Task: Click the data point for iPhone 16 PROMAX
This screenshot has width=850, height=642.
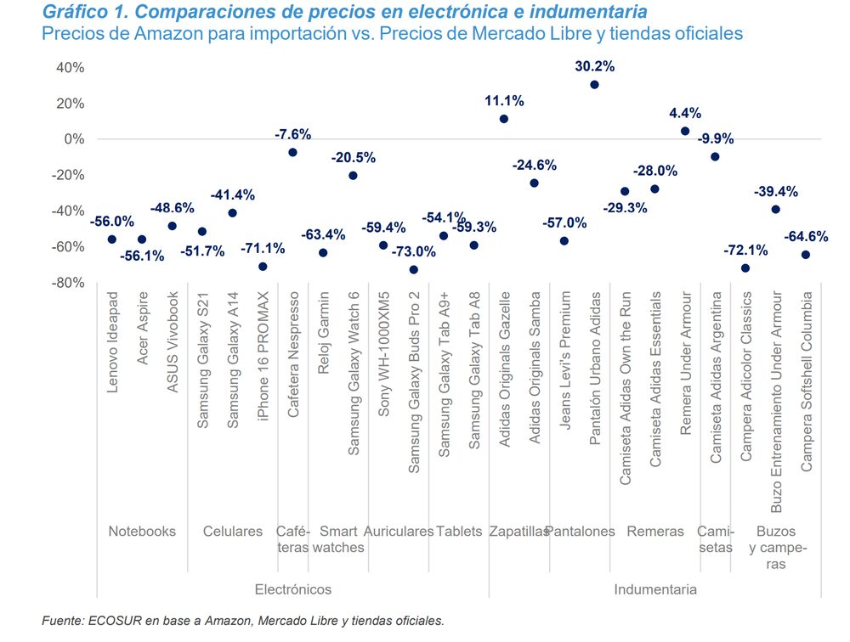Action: point(263,267)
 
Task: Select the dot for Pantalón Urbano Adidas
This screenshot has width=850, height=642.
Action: point(594,85)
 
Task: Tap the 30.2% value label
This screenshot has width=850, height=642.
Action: point(594,65)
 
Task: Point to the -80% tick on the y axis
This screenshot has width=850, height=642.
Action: point(68,283)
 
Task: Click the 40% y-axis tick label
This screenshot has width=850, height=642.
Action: point(70,68)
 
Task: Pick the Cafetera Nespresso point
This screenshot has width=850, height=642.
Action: point(293,153)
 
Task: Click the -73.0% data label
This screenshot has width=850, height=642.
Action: point(414,251)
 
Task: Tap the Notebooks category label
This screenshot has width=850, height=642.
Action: point(142,532)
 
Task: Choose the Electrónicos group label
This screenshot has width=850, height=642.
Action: point(293,589)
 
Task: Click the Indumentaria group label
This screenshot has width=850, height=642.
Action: point(654,589)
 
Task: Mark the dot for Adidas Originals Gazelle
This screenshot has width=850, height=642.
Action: point(504,119)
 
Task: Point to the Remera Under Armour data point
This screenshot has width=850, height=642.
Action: point(685,131)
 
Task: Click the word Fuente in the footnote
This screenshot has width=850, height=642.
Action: point(63,622)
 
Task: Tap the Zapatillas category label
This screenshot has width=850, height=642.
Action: point(518,532)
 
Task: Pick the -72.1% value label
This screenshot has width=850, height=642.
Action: point(745,250)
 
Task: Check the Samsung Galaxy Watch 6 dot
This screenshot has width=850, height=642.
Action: point(354,176)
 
